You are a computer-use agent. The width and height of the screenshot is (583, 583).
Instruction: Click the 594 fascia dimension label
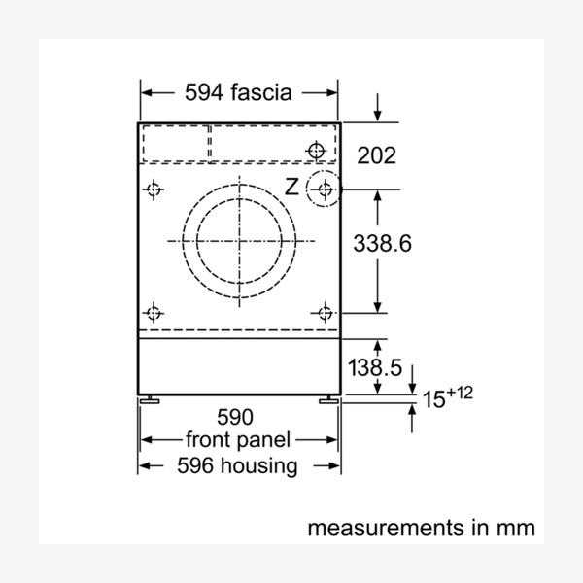coord(238,93)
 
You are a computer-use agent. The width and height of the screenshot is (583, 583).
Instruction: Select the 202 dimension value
coord(376,154)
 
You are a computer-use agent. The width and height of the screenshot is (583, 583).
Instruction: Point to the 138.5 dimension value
coord(375,367)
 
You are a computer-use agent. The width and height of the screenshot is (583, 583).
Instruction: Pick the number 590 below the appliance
coord(234,418)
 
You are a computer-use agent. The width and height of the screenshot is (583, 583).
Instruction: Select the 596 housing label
coord(237,466)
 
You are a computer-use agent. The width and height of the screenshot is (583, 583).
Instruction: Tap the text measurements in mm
coord(421,529)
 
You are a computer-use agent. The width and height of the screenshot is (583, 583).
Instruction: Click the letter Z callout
coord(291,186)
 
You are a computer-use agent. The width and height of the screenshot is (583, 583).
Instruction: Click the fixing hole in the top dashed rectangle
coord(315,151)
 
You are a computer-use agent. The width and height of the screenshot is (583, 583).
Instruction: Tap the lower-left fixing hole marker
coord(153,312)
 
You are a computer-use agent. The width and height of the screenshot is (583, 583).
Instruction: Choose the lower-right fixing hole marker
coord(325,312)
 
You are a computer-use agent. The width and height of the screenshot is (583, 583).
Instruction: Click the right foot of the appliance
coord(328,398)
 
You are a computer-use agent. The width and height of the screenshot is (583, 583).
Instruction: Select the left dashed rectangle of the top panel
coord(176,144)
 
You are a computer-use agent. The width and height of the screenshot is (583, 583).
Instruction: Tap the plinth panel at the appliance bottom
coord(239,364)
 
